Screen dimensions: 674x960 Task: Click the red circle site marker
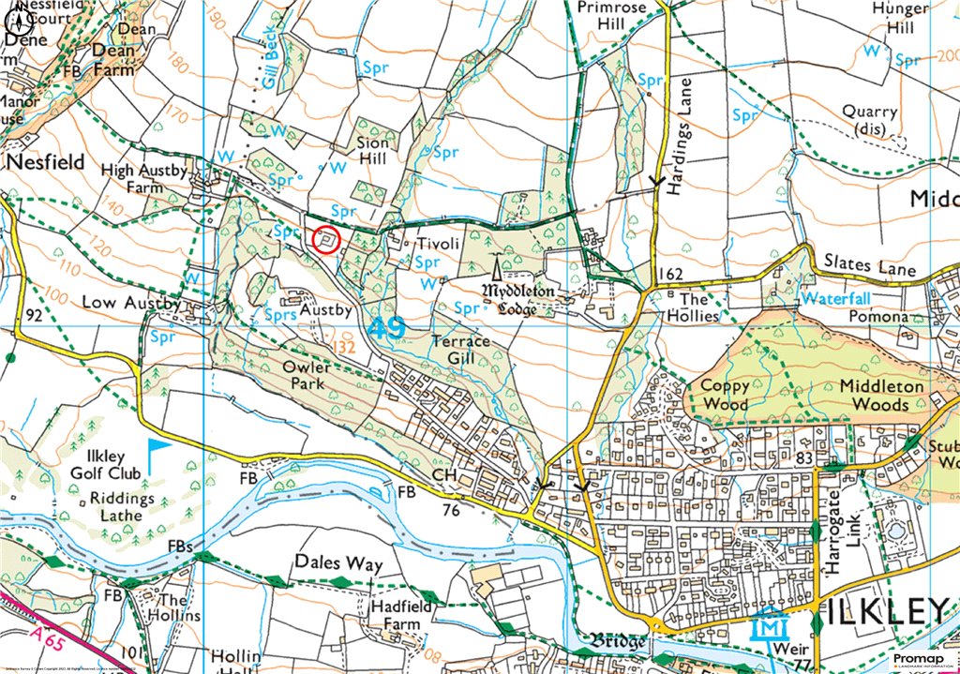(x=325, y=240)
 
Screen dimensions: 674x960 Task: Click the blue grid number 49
(x=385, y=329)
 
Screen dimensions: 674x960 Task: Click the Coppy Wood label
(x=725, y=395)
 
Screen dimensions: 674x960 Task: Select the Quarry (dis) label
(x=869, y=119)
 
